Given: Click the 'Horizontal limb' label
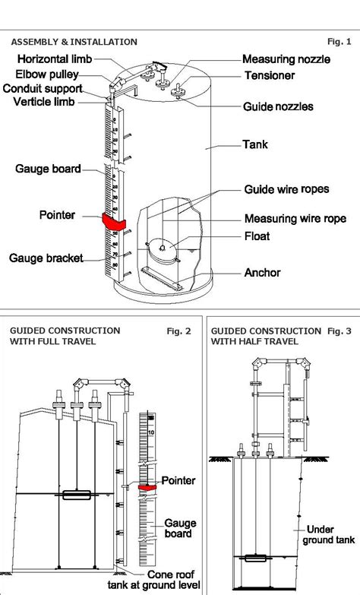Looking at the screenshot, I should point(55,59).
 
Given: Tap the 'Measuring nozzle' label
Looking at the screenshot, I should point(286,59).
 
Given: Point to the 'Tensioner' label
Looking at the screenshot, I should point(269,75).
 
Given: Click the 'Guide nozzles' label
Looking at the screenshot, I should point(278,107).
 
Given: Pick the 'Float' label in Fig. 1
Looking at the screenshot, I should point(257,236).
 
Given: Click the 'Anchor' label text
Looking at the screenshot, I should point(262,272).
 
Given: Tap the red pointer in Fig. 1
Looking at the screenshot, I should point(115,221).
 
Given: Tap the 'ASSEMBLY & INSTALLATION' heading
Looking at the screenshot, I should point(73,42).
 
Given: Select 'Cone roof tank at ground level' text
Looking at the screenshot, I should point(163,579).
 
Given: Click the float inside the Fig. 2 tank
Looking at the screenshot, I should point(76,495).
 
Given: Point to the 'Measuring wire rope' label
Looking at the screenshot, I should point(290,219).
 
